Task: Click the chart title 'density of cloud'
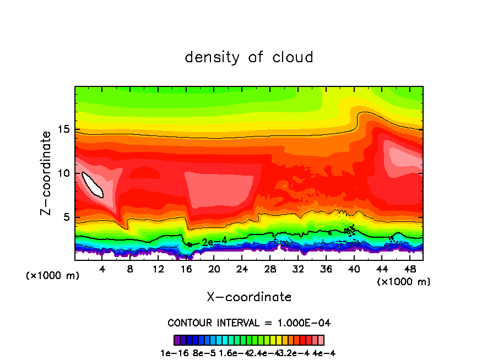click(249, 57)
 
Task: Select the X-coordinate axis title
click(249, 297)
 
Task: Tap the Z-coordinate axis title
click(47, 173)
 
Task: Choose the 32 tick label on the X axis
click(299, 269)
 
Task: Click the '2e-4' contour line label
click(212, 242)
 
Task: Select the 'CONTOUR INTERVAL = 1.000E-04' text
click(249, 323)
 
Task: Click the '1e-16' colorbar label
click(172, 353)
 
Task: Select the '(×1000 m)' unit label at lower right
click(404, 282)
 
